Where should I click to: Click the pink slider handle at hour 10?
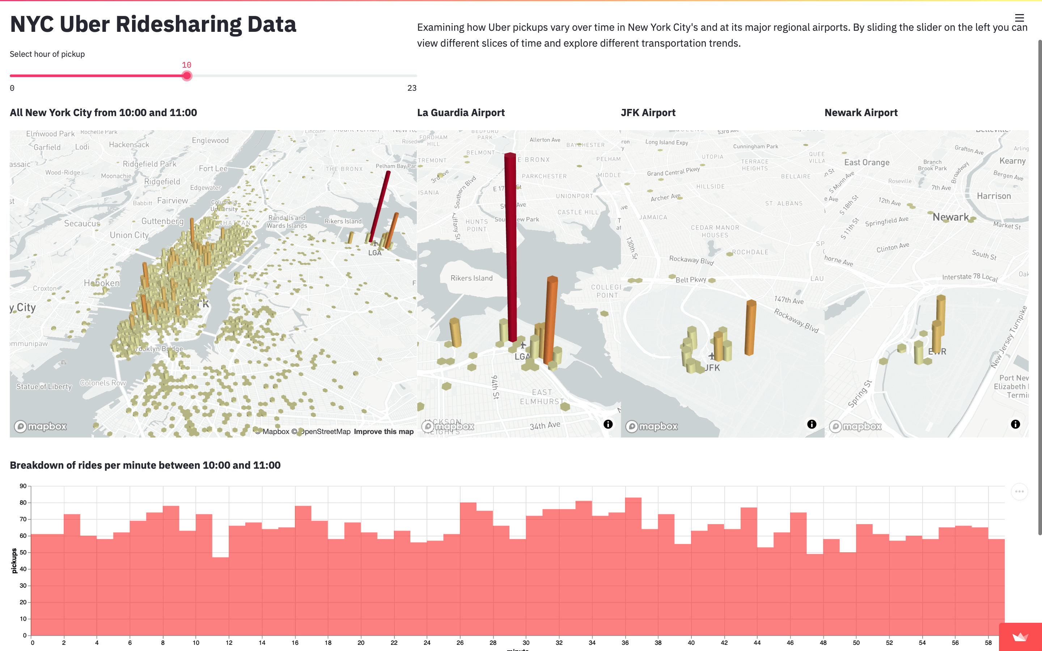pyautogui.click(x=186, y=76)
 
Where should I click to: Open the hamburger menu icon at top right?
pyautogui.click(x=1019, y=18)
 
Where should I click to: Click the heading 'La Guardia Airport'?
pyautogui.click(x=461, y=113)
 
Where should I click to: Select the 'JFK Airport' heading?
pyautogui.click(x=648, y=113)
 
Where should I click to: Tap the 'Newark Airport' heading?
pyautogui.click(x=861, y=113)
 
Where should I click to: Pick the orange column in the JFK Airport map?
pyautogui.click(x=750, y=327)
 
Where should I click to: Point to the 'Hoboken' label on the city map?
pyautogui.click(x=102, y=283)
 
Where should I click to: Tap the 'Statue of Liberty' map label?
pyautogui.click(x=44, y=387)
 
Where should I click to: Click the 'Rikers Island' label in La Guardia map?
pyautogui.click(x=471, y=278)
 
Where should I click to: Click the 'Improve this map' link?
pyautogui.click(x=383, y=431)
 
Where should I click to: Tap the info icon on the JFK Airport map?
pyautogui.click(x=812, y=424)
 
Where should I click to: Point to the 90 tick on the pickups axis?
pyautogui.click(x=23, y=486)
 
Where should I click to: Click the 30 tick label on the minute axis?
pyautogui.click(x=526, y=643)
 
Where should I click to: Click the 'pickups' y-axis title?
pyautogui.click(x=14, y=561)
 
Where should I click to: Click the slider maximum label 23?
pyautogui.click(x=412, y=88)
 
